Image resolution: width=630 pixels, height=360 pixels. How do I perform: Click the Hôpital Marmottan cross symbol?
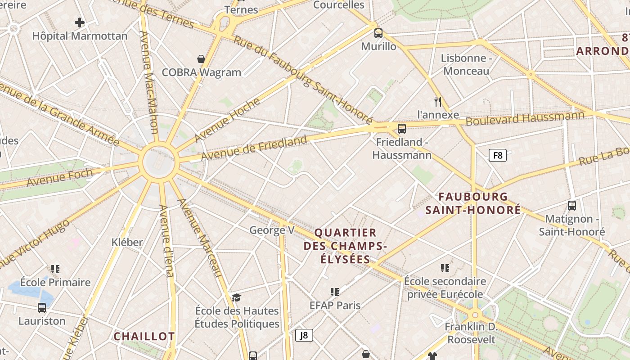[x=80, y=22]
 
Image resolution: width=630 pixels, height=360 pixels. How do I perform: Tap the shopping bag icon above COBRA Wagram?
[x=201, y=58]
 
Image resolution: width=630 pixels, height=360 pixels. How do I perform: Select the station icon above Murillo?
[x=378, y=33]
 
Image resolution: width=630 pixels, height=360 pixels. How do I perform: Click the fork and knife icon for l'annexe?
[x=438, y=101]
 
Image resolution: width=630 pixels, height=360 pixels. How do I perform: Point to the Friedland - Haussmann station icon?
[x=402, y=129]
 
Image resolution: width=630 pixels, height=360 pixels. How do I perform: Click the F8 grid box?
[x=497, y=155]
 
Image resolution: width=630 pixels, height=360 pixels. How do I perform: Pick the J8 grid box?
[x=304, y=335]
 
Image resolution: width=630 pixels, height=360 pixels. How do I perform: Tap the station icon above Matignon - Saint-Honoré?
[x=572, y=206]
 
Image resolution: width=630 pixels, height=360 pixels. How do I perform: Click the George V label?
[x=272, y=230]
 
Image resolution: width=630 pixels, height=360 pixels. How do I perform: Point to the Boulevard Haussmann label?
[x=525, y=118]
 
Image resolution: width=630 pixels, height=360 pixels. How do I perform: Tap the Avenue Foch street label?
[x=59, y=177]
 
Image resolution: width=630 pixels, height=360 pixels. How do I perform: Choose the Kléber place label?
[x=127, y=242]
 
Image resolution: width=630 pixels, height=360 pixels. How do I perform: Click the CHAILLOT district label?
[x=144, y=336]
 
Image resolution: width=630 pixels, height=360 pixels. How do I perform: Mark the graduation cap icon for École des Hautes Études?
[x=236, y=297]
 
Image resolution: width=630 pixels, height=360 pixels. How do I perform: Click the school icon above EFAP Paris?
[x=334, y=292]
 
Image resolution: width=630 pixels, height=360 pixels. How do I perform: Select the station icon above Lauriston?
[x=42, y=308]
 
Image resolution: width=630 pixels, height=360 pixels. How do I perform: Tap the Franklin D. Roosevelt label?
[x=470, y=333]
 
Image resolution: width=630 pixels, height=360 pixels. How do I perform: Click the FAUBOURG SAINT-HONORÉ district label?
[x=473, y=203]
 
